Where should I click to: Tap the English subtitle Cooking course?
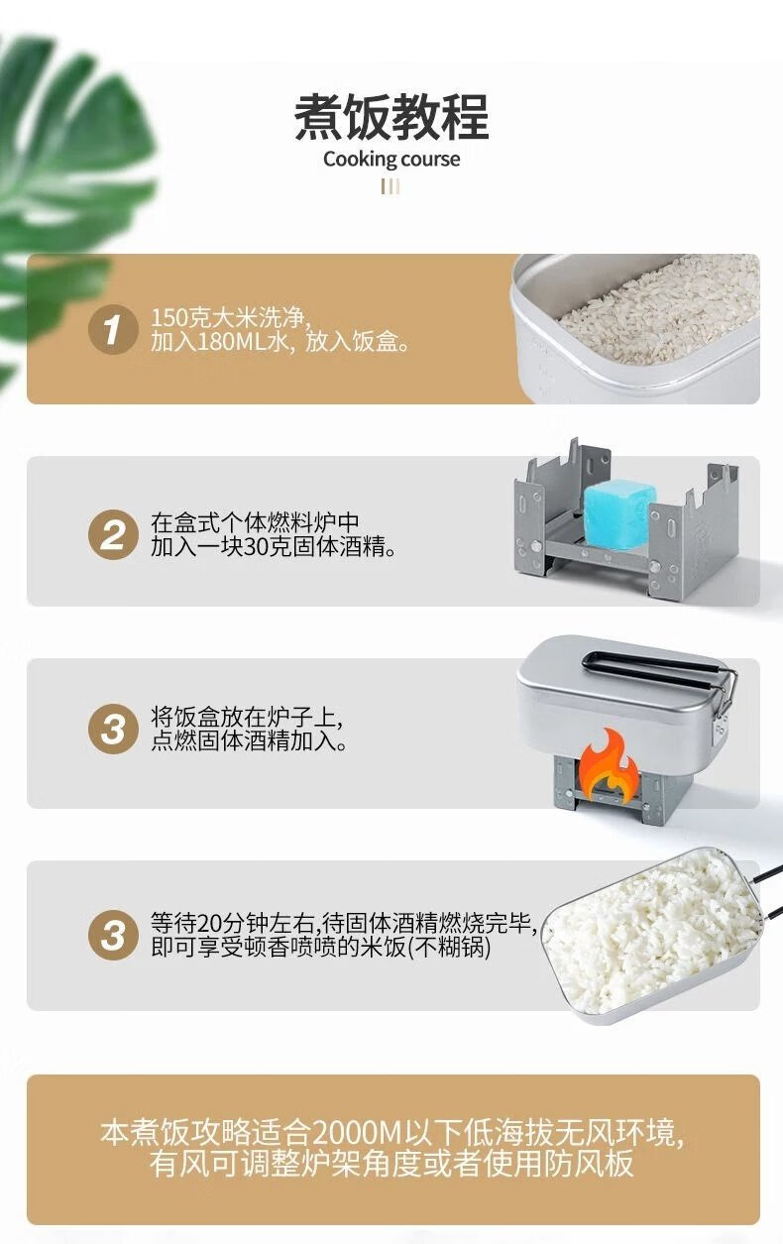pos(391,160)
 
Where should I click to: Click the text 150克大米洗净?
pos(231,319)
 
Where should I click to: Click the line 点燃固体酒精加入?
pos(249,741)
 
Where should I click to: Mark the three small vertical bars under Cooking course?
pos(391,186)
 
